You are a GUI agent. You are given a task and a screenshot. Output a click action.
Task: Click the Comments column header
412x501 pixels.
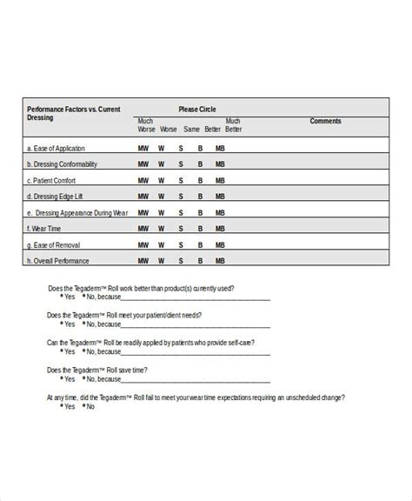pos(326,121)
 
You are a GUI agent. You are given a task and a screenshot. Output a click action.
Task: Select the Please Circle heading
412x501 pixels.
pos(197,110)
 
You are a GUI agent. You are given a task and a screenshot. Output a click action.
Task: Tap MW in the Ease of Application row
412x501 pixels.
pos(143,148)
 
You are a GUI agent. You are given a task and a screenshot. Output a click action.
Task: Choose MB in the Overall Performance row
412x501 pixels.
pos(220,260)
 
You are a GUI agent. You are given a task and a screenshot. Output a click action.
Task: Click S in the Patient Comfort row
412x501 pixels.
pos(181,180)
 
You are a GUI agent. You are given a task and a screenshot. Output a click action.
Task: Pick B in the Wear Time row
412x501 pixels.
pos(200,228)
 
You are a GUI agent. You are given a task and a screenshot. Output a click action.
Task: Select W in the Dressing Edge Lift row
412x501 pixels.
pos(162,196)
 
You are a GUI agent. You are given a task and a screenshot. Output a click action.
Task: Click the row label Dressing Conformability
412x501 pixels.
pos(63,164)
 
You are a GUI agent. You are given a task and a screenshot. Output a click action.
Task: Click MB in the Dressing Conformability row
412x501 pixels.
pos(220,164)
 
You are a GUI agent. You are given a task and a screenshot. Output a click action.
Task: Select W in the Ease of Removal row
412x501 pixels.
pos(162,244)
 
